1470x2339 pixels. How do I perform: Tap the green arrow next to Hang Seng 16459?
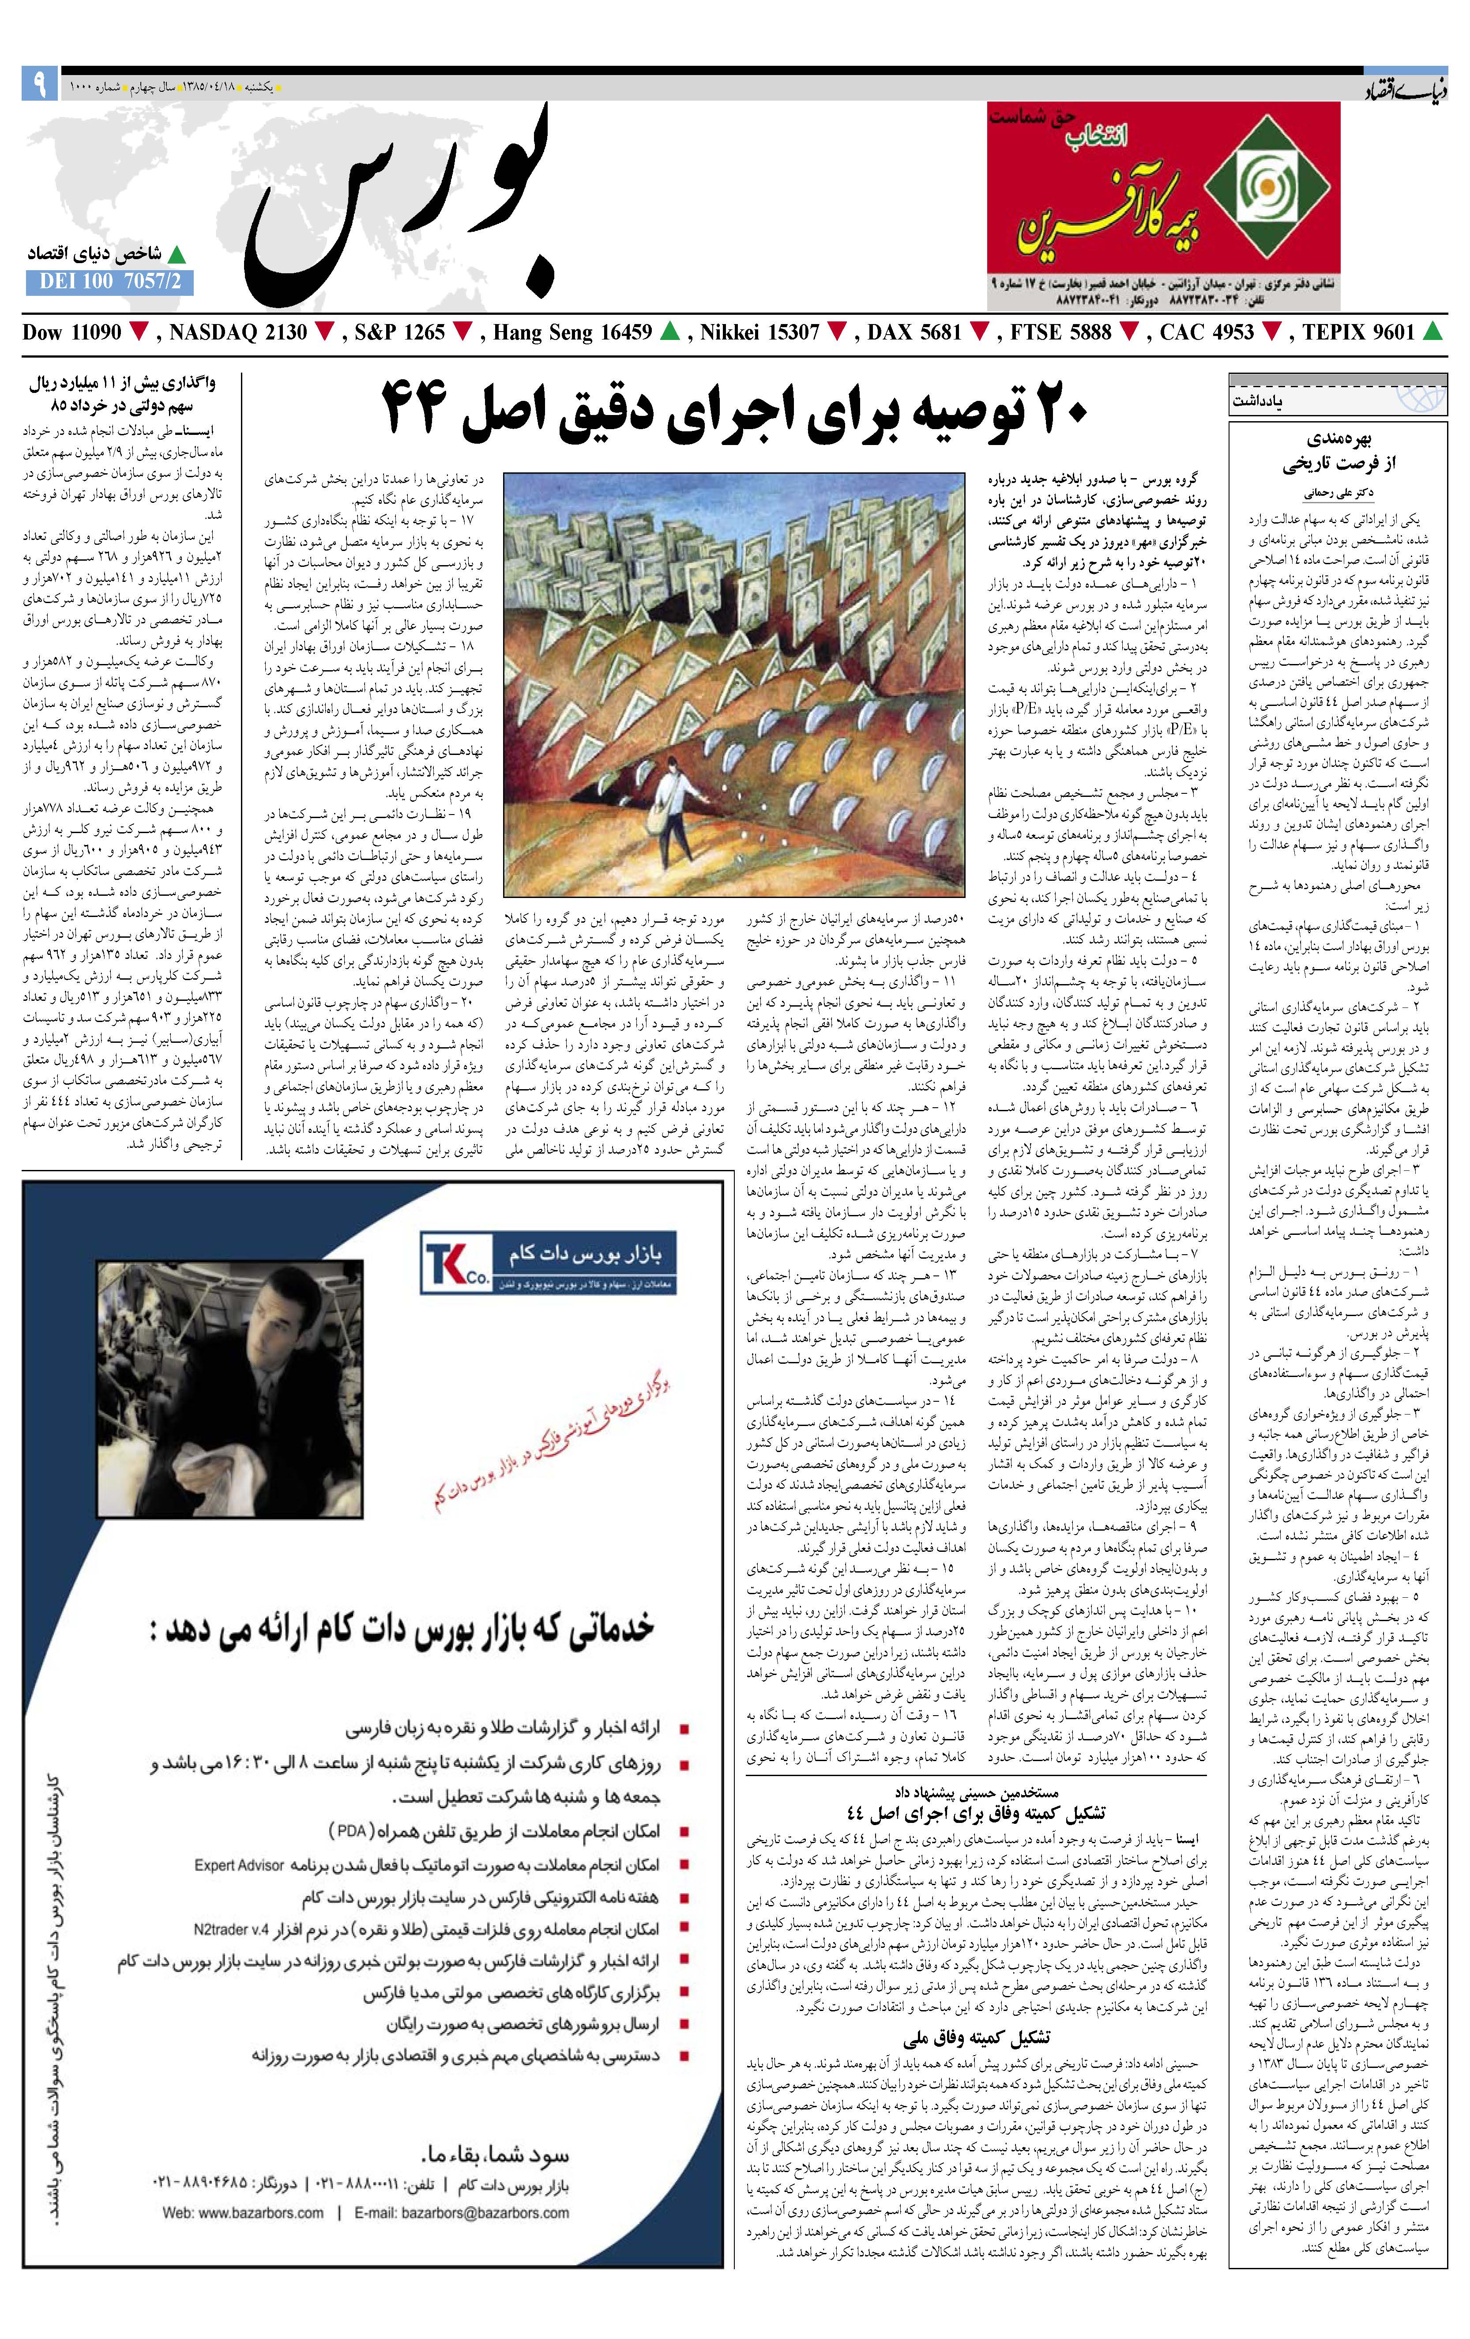click(x=669, y=332)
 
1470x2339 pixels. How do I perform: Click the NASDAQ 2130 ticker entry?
click(x=237, y=332)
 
